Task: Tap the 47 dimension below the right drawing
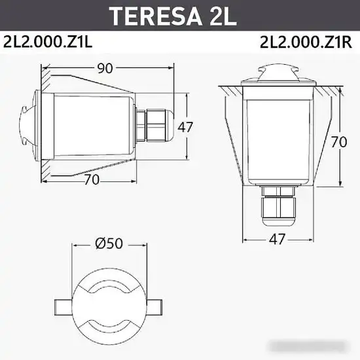278,240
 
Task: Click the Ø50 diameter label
109,243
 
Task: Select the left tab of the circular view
62,306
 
